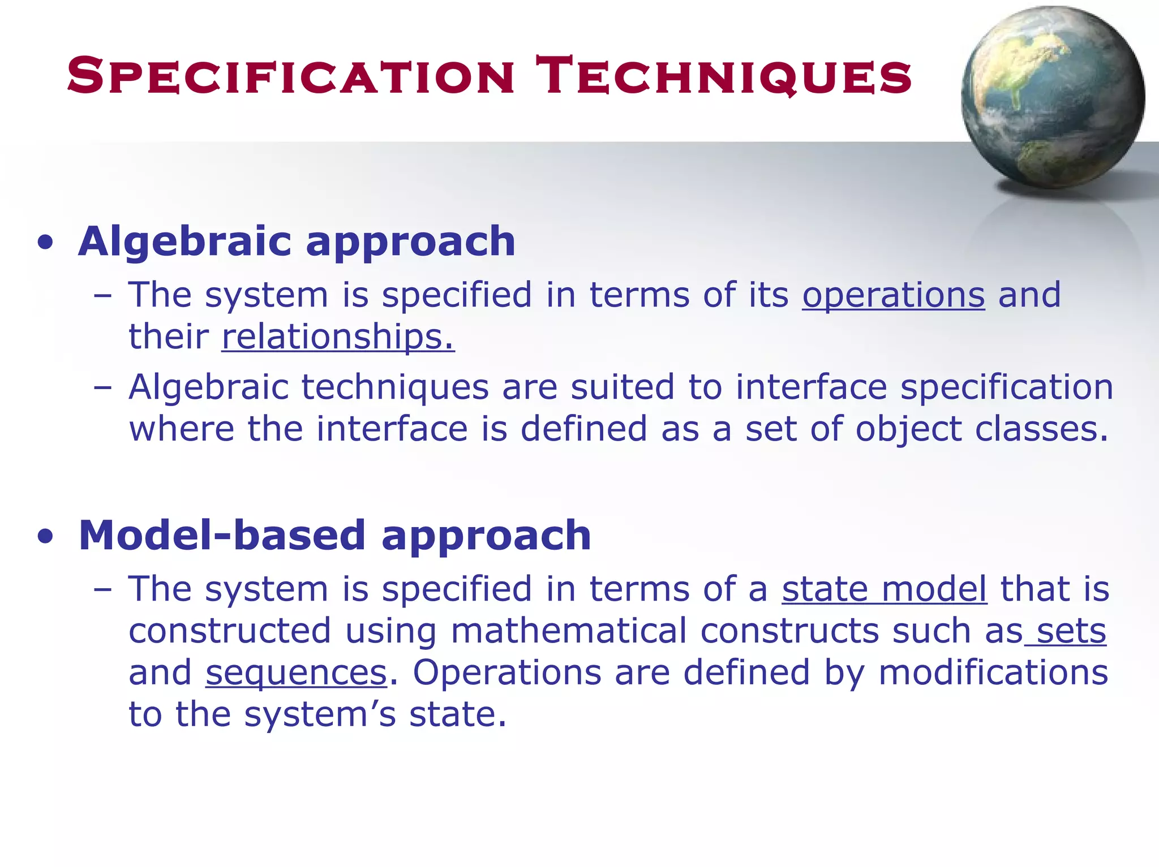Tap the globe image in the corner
(x=1052, y=96)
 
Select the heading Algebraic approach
(x=297, y=241)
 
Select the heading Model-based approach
(x=334, y=535)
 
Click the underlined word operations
(x=893, y=295)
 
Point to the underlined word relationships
(x=337, y=337)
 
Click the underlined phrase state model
(x=885, y=589)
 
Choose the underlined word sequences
(x=296, y=672)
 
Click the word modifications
(x=993, y=672)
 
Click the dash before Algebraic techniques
(x=102, y=389)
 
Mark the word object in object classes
(x=908, y=430)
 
